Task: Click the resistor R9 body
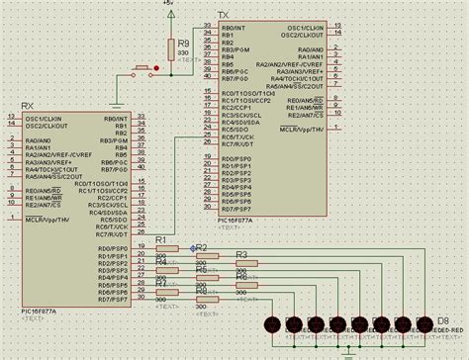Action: pos(170,46)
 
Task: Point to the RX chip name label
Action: pos(28,110)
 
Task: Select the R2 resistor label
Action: pos(201,247)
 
